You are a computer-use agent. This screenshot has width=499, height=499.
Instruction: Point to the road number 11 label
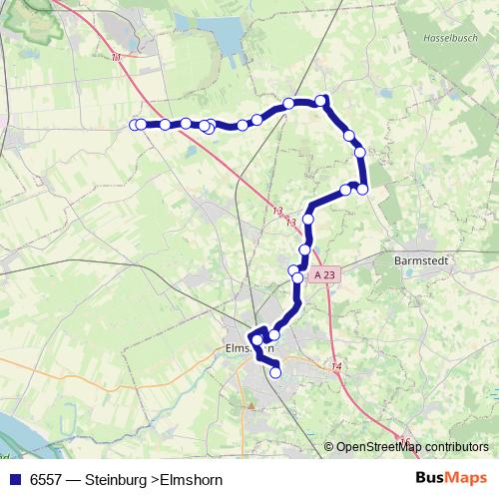tap(117, 57)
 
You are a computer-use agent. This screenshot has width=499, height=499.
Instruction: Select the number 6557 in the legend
tap(47, 479)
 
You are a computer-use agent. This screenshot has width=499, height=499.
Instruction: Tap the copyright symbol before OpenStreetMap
tap(329, 446)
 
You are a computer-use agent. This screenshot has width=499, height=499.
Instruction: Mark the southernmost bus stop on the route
tap(275, 373)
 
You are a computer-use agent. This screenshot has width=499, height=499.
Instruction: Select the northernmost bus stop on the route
tap(321, 100)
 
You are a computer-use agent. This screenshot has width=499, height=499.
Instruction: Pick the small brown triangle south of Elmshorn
tap(252, 406)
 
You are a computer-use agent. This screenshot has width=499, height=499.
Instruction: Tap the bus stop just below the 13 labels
tap(309, 219)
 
